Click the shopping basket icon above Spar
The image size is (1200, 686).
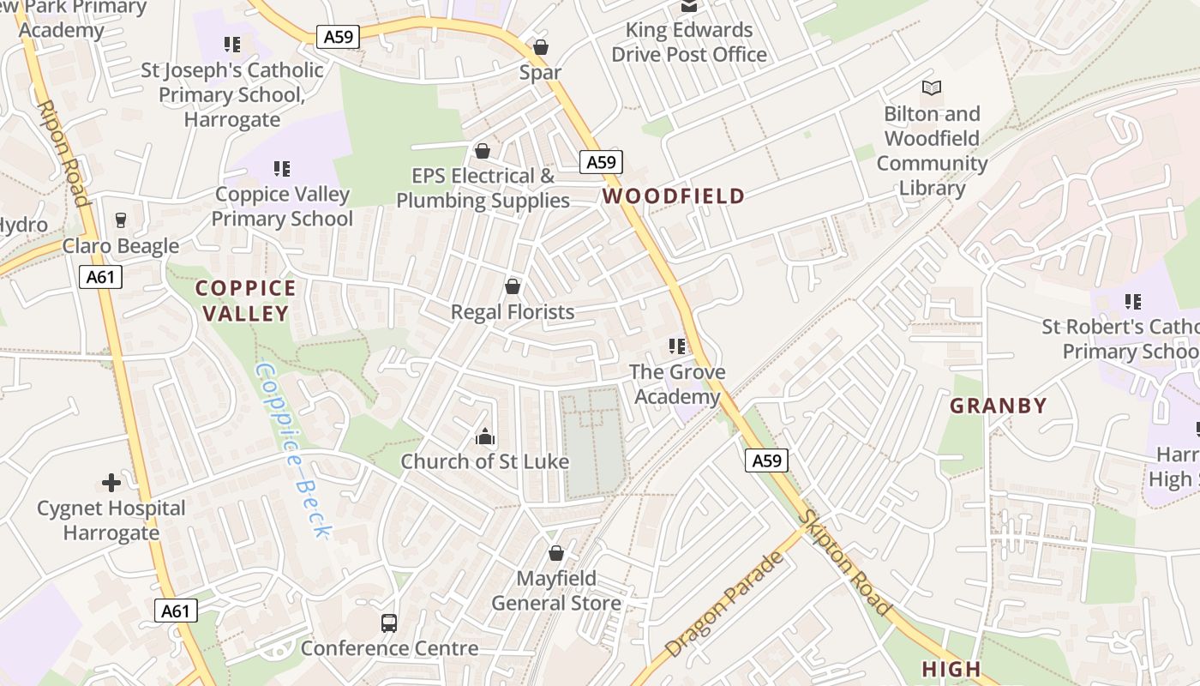(x=540, y=47)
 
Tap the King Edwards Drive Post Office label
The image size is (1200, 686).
(x=689, y=42)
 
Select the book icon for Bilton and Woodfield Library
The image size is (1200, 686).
(x=932, y=87)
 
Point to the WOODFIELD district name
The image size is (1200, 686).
(x=674, y=196)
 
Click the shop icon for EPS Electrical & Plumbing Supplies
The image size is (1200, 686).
(x=483, y=152)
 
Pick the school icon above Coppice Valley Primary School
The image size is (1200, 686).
(x=282, y=169)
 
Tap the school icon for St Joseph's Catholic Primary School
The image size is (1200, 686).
(x=232, y=45)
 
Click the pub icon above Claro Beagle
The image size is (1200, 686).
(x=121, y=220)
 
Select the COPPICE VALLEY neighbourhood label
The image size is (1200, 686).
(x=246, y=301)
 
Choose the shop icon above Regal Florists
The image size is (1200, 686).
(x=513, y=286)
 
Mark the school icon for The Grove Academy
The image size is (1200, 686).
(x=677, y=346)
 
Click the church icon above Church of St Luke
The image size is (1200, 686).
(x=485, y=437)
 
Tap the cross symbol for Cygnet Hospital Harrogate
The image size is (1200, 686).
(x=111, y=483)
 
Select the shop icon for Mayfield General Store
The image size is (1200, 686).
(x=556, y=553)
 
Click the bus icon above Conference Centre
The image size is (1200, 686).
(x=389, y=623)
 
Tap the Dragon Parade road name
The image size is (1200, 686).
(x=724, y=605)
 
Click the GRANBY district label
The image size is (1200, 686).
(x=999, y=406)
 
